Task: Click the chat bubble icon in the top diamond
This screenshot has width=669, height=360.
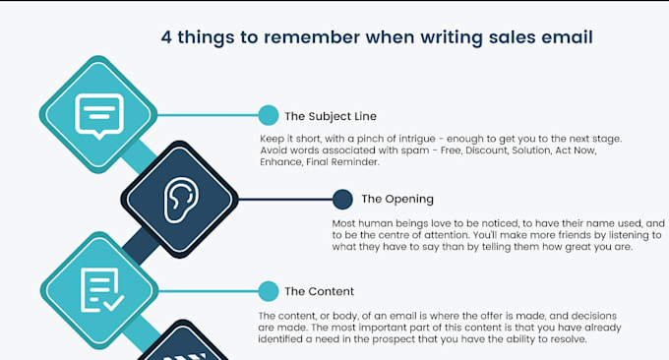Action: click(98, 114)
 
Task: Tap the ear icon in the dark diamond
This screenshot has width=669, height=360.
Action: click(180, 200)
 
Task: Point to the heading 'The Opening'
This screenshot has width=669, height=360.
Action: click(397, 200)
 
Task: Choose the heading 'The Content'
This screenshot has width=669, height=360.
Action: click(319, 291)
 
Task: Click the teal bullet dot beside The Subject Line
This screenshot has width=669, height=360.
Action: click(268, 115)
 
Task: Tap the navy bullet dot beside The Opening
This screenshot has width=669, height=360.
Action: click(342, 200)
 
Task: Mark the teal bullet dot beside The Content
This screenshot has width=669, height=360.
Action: click(268, 291)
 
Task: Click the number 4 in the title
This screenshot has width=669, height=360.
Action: click(167, 37)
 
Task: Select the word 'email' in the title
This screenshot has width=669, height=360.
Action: click(563, 37)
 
